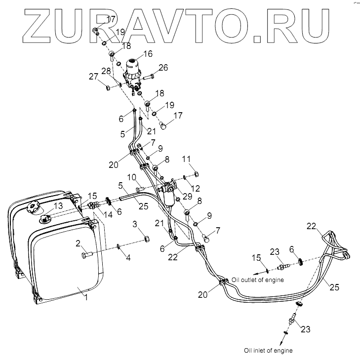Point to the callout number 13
click(x=58, y=205)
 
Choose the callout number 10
click(x=132, y=177)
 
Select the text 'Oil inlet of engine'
click(x=268, y=350)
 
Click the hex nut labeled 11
click(x=196, y=174)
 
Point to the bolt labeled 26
click(x=150, y=77)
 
